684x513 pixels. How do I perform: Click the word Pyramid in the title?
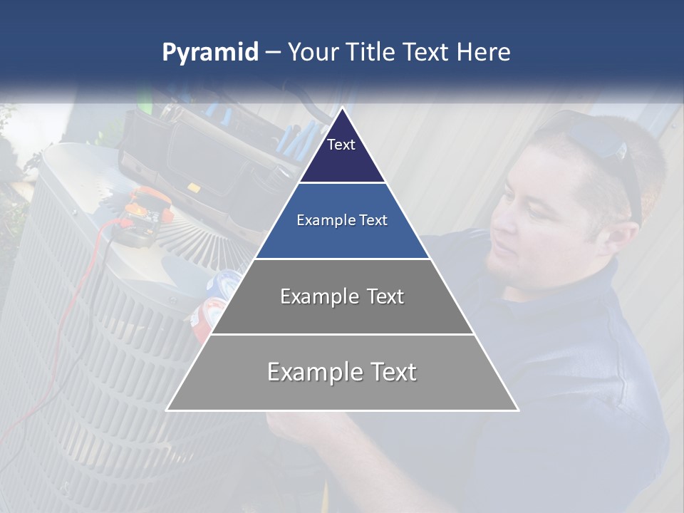209,53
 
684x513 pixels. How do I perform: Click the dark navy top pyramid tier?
342,153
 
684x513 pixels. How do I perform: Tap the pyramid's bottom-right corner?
517,410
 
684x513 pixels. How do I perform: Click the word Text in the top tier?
341,145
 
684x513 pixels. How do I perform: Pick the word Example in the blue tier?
320,221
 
